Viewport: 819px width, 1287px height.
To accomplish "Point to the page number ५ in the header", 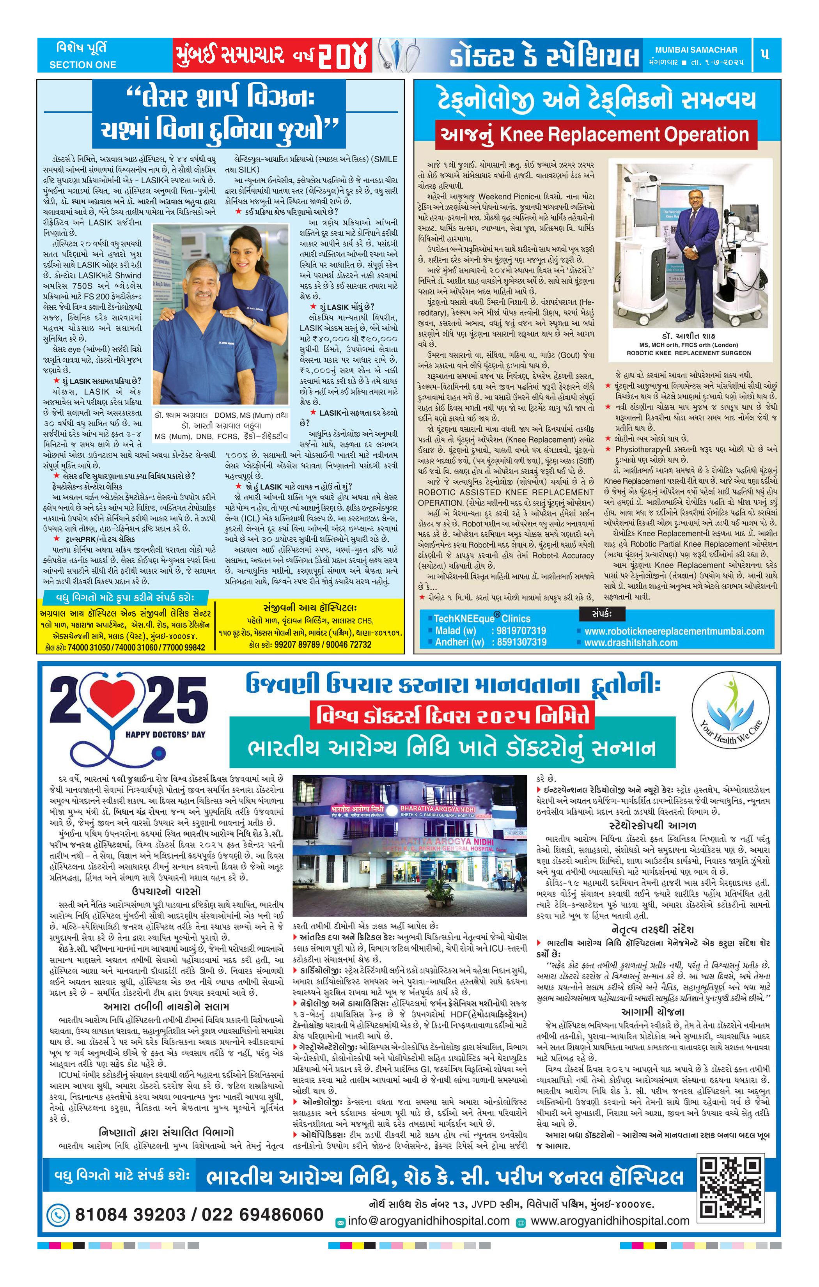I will tap(765, 55).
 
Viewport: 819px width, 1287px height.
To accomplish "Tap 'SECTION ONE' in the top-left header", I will tap(82, 65).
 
